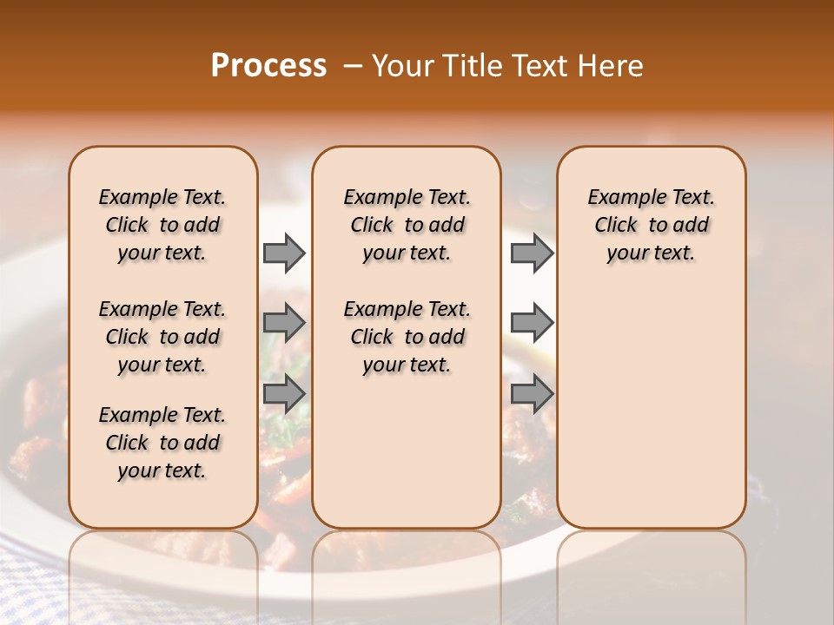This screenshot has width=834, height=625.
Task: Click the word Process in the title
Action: [x=268, y=66]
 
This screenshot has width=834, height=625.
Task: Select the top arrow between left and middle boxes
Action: [x=284, y=253]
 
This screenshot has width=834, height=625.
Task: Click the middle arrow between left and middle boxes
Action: [x=284, y=323]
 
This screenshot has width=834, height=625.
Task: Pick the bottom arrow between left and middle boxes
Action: [x=284, y=393]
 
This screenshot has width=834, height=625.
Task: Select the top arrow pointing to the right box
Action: [x=532, y=253]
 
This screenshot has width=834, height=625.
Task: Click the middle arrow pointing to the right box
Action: [x=532, y=323]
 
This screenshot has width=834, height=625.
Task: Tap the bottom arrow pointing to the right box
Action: [x=532, y=393]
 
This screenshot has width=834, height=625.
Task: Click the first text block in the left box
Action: [x=162, y=225]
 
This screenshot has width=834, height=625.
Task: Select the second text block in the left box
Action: [x=162, y=337]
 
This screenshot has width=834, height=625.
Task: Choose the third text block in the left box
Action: [x=162, y=443]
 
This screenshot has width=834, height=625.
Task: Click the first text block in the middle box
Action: [x=407, y=225]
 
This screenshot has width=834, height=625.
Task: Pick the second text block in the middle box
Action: [x=407, y=337]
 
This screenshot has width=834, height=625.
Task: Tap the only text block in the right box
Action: [x=651, y=225]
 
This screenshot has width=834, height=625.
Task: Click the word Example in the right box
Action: [x=619, y=198]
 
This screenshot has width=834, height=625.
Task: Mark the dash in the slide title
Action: [x=353, y=66]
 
